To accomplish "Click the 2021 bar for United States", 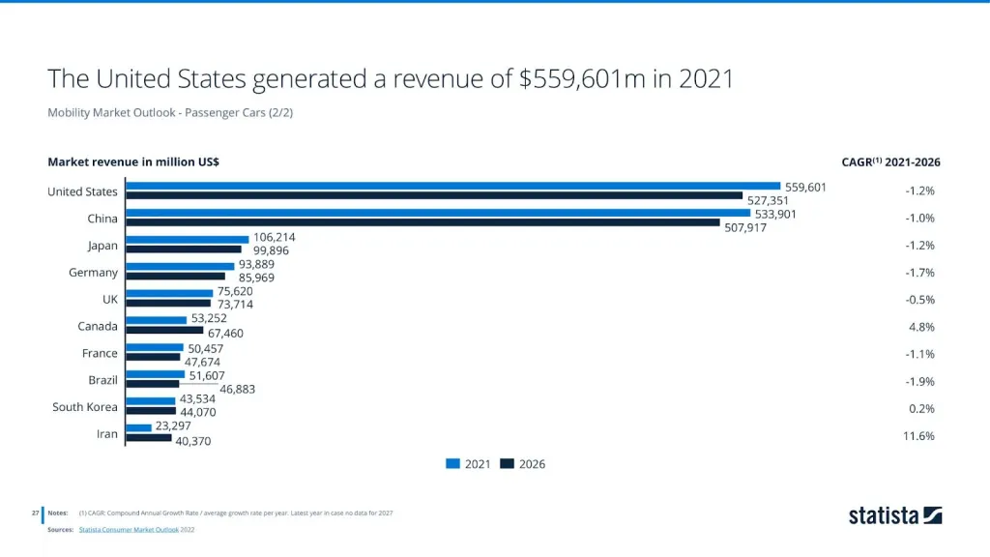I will [x=452, y=186].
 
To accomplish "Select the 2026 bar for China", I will [x=422, y=222].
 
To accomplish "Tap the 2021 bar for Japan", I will [x=188, y=240].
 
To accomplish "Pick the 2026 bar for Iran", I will [x=149, y=439].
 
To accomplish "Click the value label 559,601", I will [x=805, y=187].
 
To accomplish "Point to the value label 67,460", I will [x=224, y=333].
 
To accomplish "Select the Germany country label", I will [x=93, y=273].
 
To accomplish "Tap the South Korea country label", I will [x=85, y=407].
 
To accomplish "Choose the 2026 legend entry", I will [x=522, y=464].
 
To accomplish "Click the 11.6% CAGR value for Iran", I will [x=919, y=436].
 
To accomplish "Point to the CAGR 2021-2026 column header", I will [x=890, y=162].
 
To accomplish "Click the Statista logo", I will [x=894, y=515].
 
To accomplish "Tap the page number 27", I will [x=35, y=513].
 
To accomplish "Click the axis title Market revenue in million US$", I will [x=133, y=162].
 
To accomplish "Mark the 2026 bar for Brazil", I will [x=153, y=384].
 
